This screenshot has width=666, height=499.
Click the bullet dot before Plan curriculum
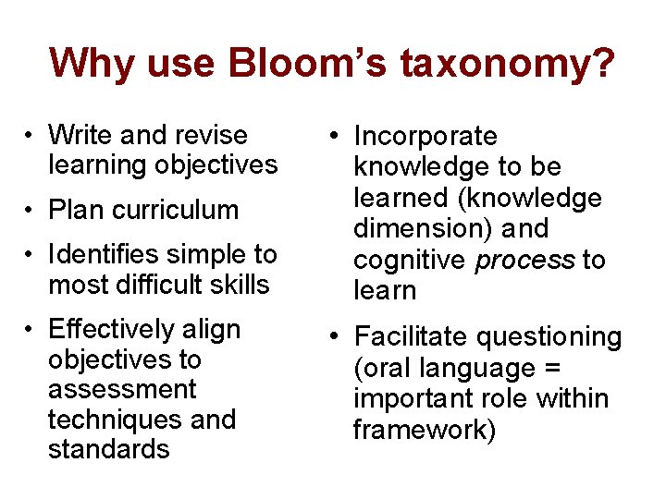(31, 210)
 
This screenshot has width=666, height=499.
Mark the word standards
(108, 449)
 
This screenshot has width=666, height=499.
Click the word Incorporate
(425, 137)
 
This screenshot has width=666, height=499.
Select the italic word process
(524, 260)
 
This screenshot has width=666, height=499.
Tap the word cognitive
(410, 260)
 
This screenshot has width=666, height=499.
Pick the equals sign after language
(553, 368)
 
